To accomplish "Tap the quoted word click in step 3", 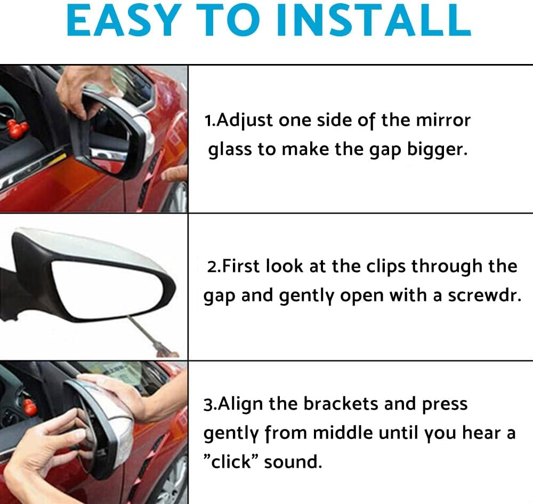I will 232,461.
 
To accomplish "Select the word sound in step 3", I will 293,461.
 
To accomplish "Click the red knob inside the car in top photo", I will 19,127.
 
